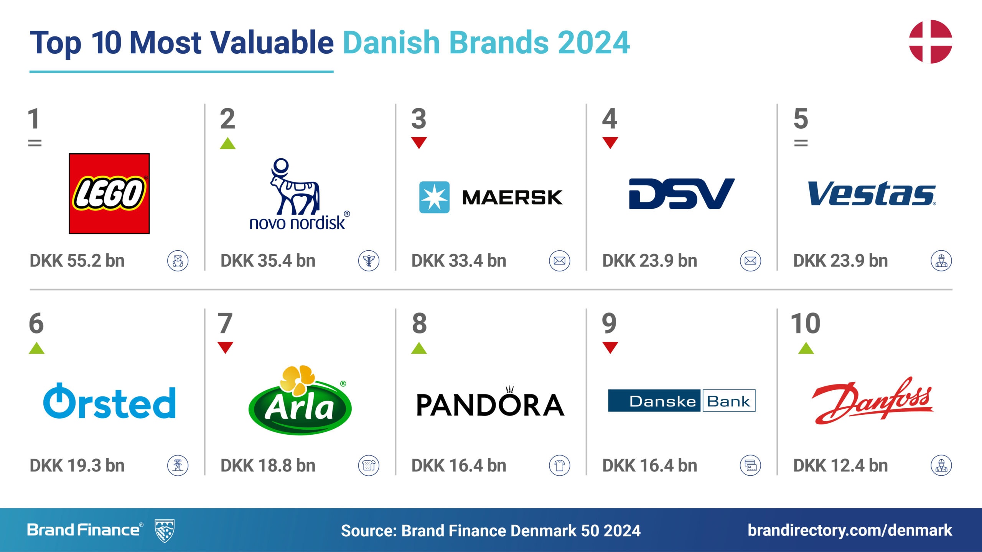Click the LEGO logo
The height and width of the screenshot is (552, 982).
point(109,194)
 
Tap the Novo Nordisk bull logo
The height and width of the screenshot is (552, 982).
point(295,186)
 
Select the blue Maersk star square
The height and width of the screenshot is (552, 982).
point(434,197)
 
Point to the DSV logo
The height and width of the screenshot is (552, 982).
point(682,194)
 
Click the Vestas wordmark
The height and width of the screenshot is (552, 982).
point(872,194)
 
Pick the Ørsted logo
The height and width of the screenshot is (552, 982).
point(109,401)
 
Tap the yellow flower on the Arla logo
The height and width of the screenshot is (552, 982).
point(298,379)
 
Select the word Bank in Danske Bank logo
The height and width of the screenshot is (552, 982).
point(728,401)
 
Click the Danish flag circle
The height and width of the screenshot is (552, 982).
point(930,41)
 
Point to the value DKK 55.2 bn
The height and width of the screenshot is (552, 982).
point(77,261)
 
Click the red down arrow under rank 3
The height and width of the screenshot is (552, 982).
point(419,143)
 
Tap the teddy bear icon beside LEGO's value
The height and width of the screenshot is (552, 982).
point(178,261)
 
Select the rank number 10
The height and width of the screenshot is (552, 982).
point(806,323)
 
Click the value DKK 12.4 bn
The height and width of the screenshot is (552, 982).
point(840,465)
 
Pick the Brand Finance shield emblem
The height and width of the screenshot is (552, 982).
point(165,531)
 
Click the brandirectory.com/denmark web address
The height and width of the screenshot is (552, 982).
point(850,531)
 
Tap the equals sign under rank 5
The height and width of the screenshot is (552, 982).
point(801,143)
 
